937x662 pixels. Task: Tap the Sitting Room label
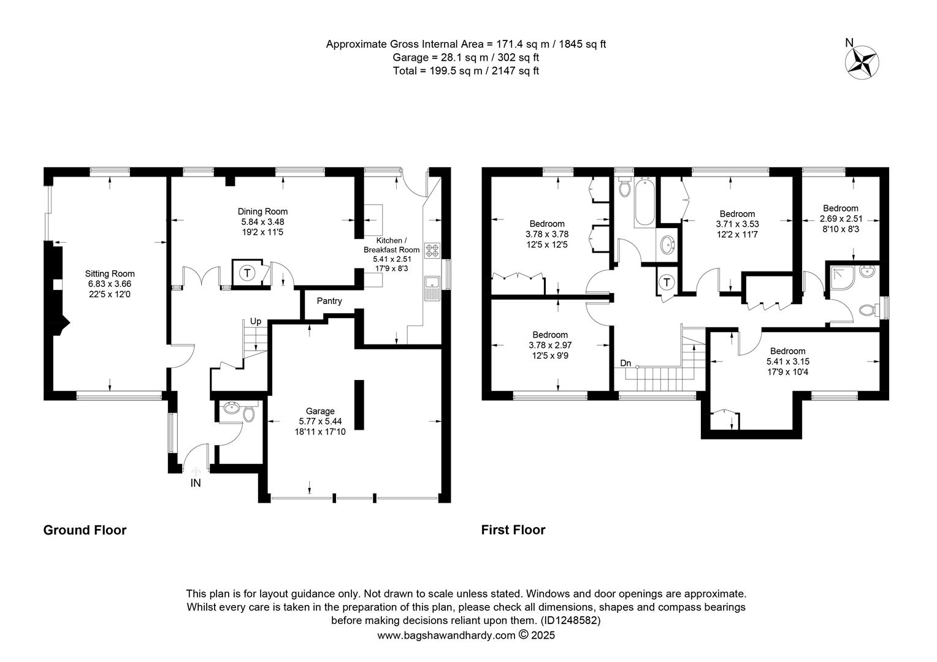tap(110, 274)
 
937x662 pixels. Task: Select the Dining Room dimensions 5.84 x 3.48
tap(262, 222)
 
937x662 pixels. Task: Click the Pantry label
tap(329, 301)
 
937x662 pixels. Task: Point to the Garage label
tap(320, 411)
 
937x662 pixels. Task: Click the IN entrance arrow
tap(196, 471)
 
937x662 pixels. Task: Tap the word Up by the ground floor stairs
tap(256, 321)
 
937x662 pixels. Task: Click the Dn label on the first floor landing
tap(625, 363)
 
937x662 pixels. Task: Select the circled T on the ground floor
tap(247, 273)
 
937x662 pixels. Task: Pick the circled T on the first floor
tap(667, 283)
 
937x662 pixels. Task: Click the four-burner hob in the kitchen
tap(432, 251)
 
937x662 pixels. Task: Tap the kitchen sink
tap(432, 288)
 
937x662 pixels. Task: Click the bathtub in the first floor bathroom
tap(644, 202)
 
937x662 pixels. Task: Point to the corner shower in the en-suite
tap(842, 277)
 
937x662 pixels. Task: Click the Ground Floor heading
tap(85, 530)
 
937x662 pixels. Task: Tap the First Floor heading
tap(513, 530)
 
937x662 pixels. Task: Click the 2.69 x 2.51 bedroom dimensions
tap(841, 219)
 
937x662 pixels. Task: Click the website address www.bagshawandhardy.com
tap(446, 635)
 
